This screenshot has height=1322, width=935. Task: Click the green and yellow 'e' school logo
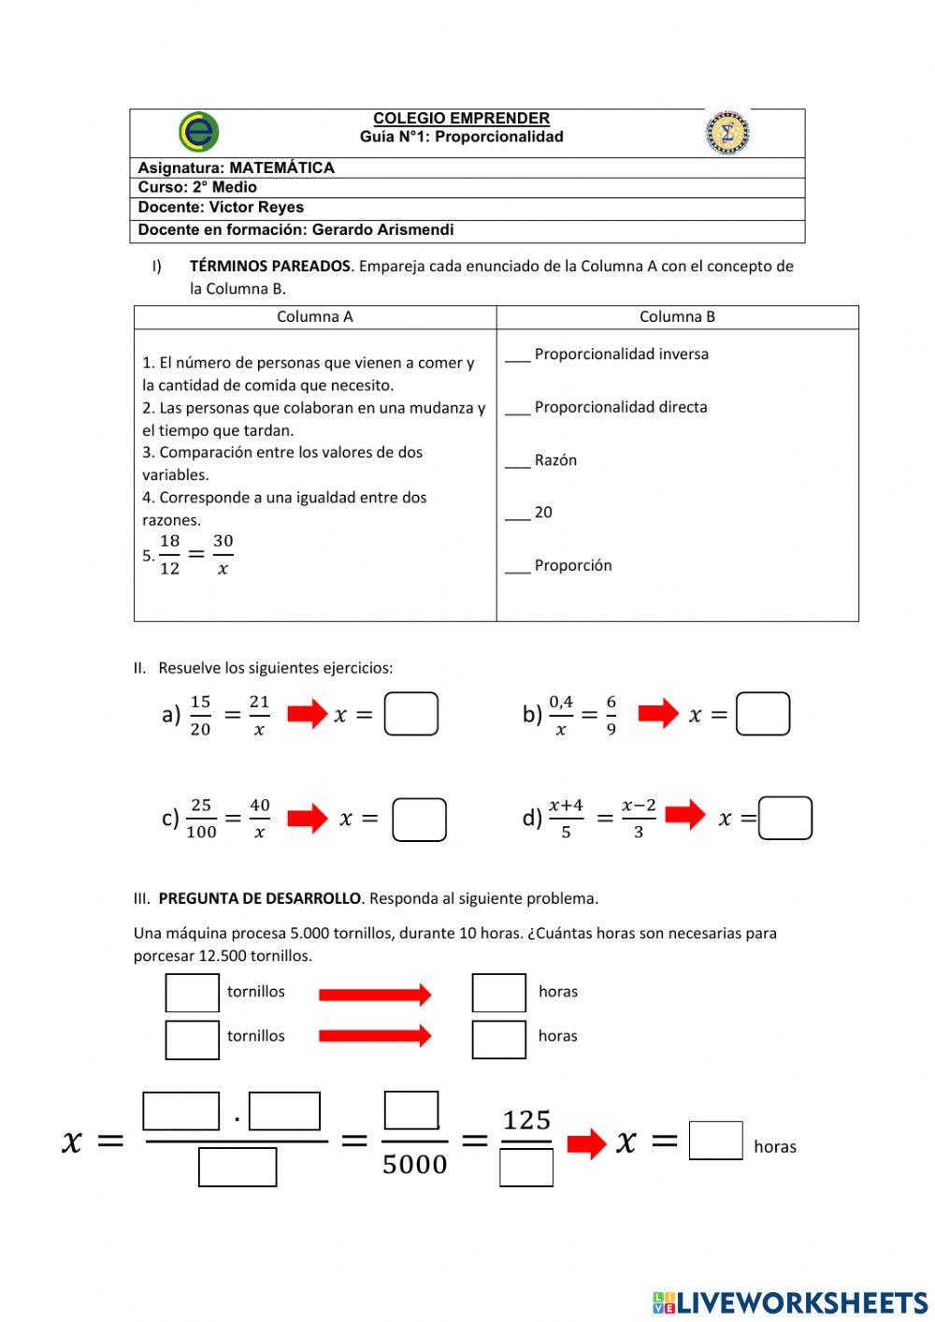[198, 132]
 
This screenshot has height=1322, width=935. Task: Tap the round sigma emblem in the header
[727, 132]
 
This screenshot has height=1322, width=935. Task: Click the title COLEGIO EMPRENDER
[461, 119]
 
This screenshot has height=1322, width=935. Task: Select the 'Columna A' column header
[314, 317]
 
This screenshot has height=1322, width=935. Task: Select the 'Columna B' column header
[677, 317]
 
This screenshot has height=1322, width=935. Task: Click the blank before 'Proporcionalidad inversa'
[517, 356]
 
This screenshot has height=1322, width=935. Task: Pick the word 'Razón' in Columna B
[555, 460]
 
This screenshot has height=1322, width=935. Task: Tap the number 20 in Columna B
[543, 513]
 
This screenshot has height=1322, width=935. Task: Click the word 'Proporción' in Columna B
[572, 566]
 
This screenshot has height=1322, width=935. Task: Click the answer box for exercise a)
[411, 714]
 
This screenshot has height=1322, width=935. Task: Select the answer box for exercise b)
[763, 714]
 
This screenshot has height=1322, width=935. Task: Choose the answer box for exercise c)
[419, 820]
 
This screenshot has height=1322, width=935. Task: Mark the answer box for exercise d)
[785, 818]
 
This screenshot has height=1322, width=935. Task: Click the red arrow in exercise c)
[308, 819]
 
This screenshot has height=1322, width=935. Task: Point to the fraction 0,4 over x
[561, 715]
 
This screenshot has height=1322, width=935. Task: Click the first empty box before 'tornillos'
[193, 993]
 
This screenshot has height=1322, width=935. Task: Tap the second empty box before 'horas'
[498, 1039]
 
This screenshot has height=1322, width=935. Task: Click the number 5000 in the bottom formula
[414, 1164]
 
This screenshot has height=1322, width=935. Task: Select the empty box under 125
[526, 1168]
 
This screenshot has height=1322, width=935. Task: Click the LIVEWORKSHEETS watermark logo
[790, 1302]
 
